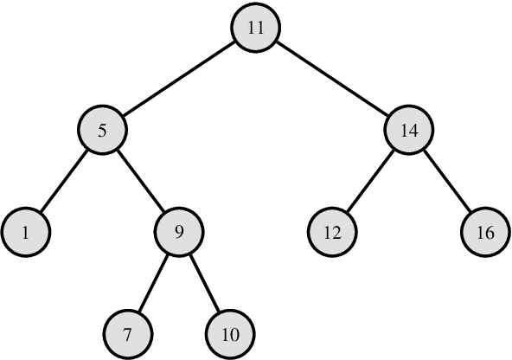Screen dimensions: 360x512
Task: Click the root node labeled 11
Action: pos(255,29)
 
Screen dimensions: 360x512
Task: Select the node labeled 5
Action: pos(102,131)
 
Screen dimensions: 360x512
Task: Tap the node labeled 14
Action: pos(409,131)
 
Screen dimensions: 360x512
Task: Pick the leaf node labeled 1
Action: pos(26,232)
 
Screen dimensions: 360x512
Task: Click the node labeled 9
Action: pos(179,232)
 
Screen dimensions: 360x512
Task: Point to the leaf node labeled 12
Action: pos(333,232)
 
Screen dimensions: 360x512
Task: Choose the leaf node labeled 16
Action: pos(485,232)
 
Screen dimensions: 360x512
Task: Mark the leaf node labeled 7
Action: pos(128,333)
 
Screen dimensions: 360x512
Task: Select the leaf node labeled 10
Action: pos(230,333)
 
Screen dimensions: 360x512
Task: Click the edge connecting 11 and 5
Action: pos(178,80)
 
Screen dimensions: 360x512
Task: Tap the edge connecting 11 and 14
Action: pos(332,80)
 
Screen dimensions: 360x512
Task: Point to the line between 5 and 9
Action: pos(141,182)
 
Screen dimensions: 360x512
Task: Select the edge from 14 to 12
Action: pos(371,182)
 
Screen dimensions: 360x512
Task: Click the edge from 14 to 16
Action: pos(447,182)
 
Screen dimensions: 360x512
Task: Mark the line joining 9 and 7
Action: pos(154,282)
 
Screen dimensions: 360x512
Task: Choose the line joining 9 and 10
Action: pos(205,282)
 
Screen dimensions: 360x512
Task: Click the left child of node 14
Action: pos(333,232)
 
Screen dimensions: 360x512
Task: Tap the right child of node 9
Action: pos(230,333)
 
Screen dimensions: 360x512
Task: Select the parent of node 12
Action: pos(409,131)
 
